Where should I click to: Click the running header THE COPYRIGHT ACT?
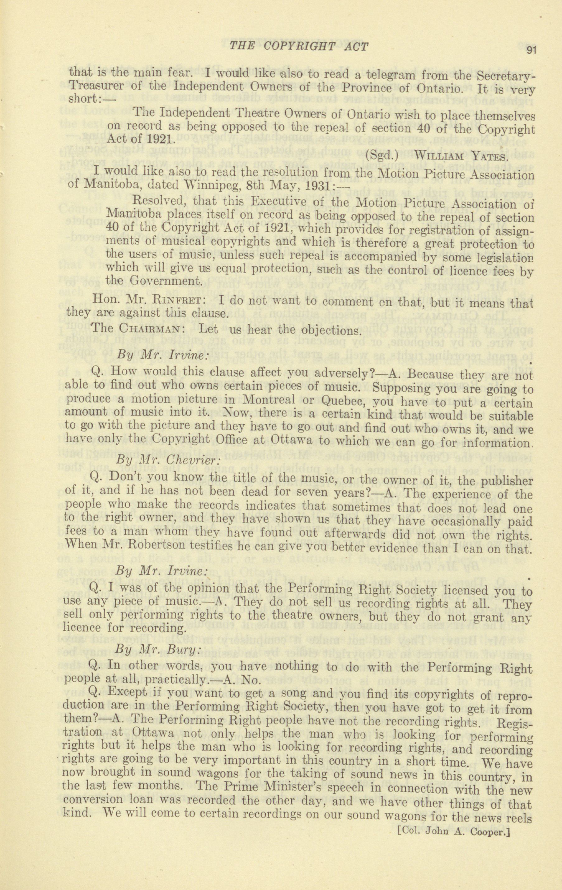tap(299, 47)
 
